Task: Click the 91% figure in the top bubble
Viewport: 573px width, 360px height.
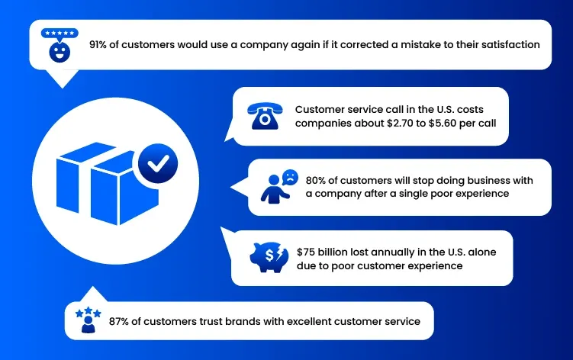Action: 98,44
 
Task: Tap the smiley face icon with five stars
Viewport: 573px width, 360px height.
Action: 60,45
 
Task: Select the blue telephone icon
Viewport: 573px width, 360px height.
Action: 265,116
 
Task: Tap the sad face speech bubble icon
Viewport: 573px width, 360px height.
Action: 290,178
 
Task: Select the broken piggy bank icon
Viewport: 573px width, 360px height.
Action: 269,257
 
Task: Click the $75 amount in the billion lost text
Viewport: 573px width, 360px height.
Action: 305,252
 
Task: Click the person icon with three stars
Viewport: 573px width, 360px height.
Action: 88,320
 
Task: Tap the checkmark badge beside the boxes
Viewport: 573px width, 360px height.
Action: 158,163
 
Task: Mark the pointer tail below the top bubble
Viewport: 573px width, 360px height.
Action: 63,79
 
